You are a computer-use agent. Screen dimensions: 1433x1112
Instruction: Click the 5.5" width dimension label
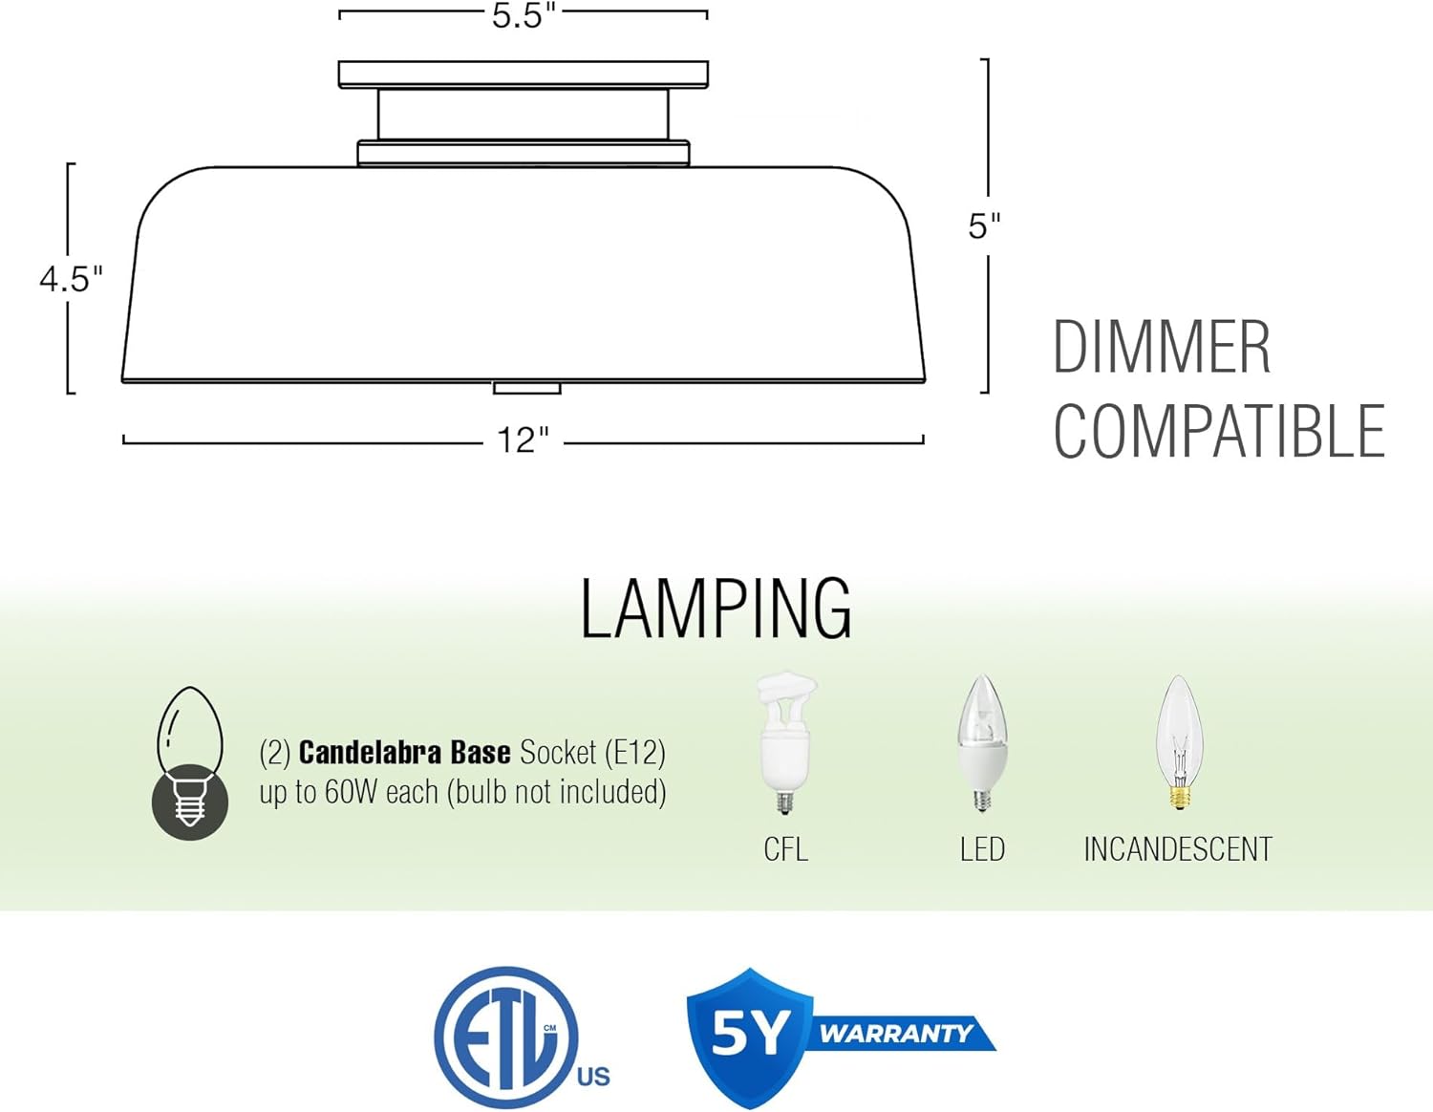[x=523, y=16]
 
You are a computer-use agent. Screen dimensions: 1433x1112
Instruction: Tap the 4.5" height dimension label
[x=71, y=279]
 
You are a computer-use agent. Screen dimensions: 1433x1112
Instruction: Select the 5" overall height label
[x=984, y=226]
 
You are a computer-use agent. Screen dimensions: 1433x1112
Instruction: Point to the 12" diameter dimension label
[x=523, y=440]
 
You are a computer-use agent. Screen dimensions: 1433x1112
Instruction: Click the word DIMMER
[x=1161, y=348]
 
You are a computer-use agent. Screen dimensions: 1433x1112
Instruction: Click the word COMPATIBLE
[x=1218, y=432]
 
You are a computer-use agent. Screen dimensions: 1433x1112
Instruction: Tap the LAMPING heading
[x=716, y=609]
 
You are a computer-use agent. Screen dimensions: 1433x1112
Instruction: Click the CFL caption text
[x=785, y=849]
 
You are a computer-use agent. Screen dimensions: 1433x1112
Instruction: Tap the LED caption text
[x=982, y=849]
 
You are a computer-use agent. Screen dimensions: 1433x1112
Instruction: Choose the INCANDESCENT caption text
[x=1178, y=849]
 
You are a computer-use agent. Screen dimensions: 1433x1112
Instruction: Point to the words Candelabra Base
[x=404, y=753]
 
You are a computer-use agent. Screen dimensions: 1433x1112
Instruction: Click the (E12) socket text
[x=634, y=753]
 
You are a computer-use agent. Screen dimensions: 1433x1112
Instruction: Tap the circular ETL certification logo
[x=506, y=1037]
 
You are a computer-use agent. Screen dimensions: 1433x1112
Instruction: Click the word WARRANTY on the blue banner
[x=895, y=1034]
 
